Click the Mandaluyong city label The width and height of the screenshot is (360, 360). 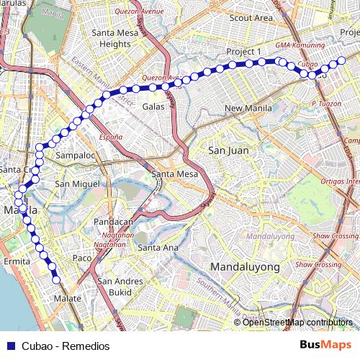tap(245, 267)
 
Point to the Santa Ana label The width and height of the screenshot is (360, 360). tap(158, 248)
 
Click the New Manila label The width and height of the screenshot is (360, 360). tap(248, 109)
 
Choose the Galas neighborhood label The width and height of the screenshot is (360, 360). tap(153, 107)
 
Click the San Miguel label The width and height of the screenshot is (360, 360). tap(76, 184)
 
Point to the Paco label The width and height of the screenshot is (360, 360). tap(82, 257)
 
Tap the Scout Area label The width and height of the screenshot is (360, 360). tap(251, 18)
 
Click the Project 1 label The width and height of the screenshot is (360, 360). tap(243, 53)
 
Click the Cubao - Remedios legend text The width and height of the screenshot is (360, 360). tap(66, 346)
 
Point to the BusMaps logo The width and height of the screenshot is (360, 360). tap(325, 345)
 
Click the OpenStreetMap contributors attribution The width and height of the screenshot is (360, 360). tap(298, 323)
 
